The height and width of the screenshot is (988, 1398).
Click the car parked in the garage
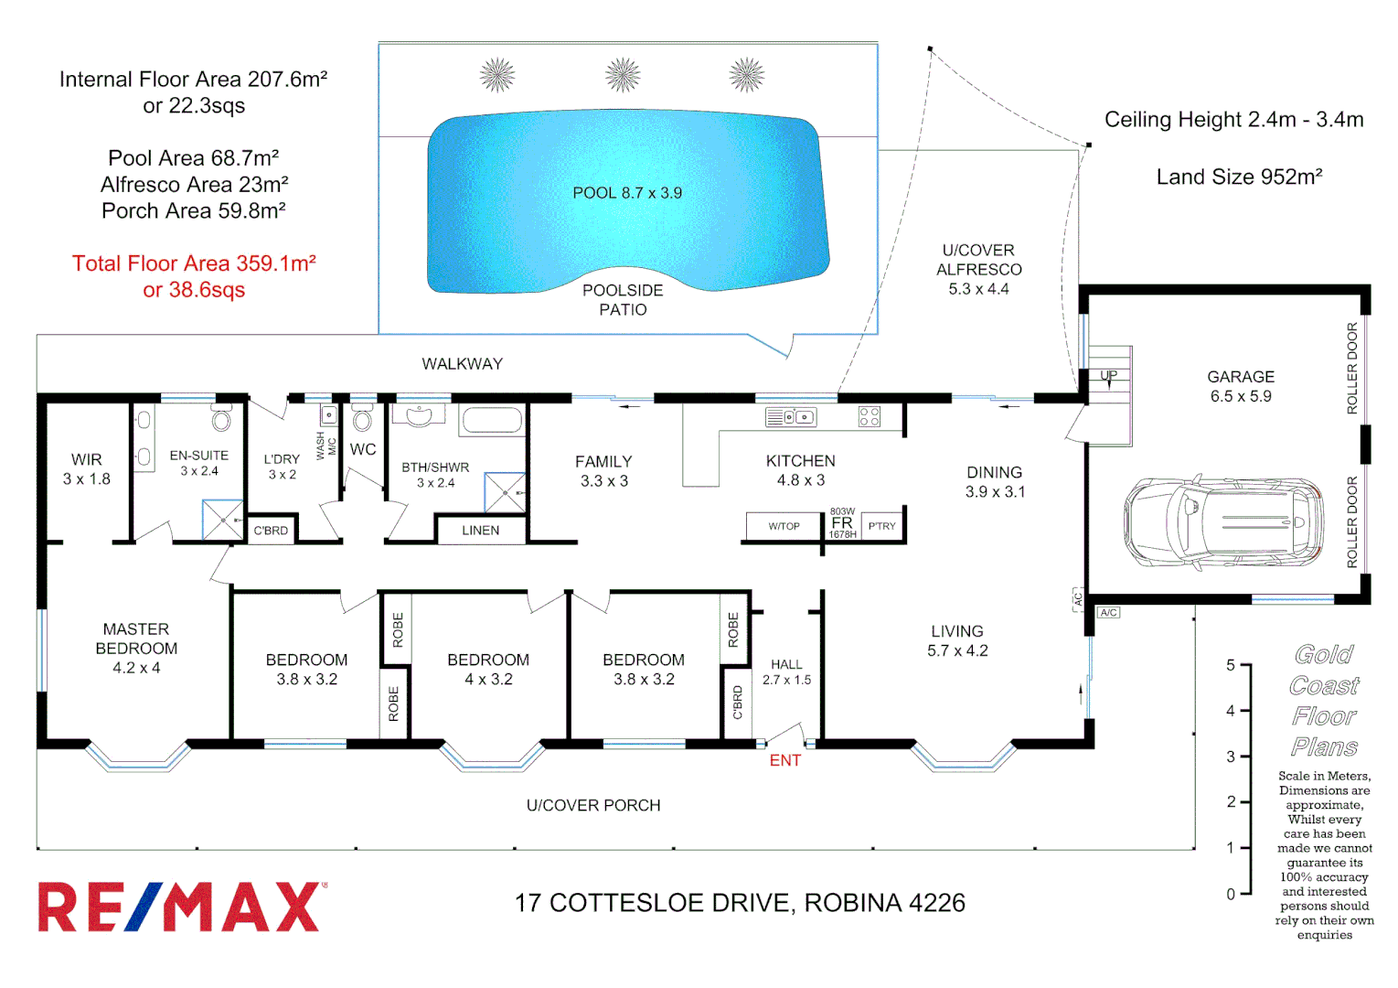(x=1223, y=521)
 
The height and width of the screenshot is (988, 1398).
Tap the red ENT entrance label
(x=784, y=760)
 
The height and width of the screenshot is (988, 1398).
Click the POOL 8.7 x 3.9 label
(x=627, y=193)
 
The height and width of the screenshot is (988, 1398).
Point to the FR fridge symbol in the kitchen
(x=842, y=523)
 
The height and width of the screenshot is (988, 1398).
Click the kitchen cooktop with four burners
(x=869, y=417)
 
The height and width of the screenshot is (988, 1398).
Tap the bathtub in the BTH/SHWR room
(x=492, y=420)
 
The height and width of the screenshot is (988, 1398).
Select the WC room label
(x=363, y=449)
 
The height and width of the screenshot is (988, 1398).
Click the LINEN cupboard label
(x=480, y=531)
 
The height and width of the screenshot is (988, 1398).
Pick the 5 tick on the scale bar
(x=1243, y=665)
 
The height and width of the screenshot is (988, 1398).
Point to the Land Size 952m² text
(x=1239, y=177)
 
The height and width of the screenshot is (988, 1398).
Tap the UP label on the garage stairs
(x=1108, y=375)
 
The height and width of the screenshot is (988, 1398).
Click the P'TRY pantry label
(x=881, y=526)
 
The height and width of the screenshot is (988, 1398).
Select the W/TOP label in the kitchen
(x=784, y=526)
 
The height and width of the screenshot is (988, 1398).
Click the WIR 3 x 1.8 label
(x=87, y=468)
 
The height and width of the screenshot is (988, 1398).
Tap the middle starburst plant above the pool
(x=623, y=75)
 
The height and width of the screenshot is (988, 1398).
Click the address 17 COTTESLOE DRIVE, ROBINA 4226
(x=740, y=903)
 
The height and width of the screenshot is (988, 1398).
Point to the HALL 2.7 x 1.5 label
(x=786, y=671)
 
